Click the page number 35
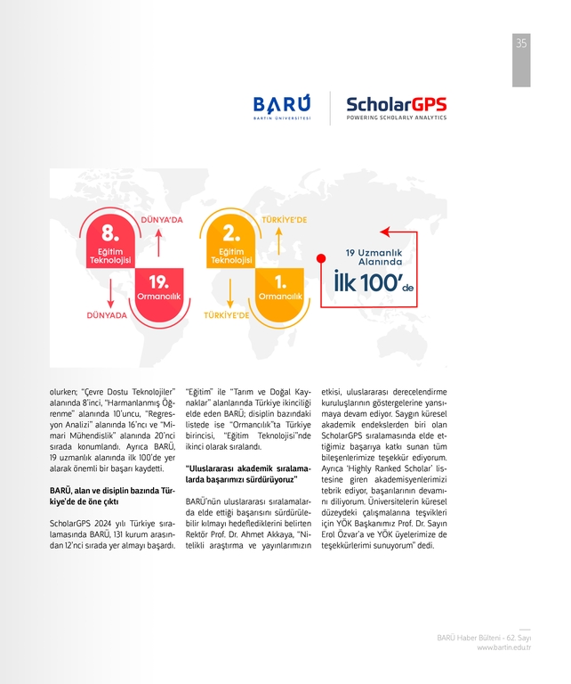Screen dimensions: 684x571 (x=521, y=44)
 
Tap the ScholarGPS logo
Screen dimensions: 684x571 (x=396, y=108)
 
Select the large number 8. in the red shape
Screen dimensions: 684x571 (x=110, y=233)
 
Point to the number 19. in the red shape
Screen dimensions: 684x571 (x=159, y=281)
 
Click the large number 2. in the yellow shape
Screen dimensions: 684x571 (x=231, y=233)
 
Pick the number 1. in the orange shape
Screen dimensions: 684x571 (x=280, y=281)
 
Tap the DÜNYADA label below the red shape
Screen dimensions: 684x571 (x=107, y=315)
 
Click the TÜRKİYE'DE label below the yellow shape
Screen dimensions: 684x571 (x=228, y=315)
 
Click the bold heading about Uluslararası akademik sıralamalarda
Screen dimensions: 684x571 (x=246, y=473)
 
